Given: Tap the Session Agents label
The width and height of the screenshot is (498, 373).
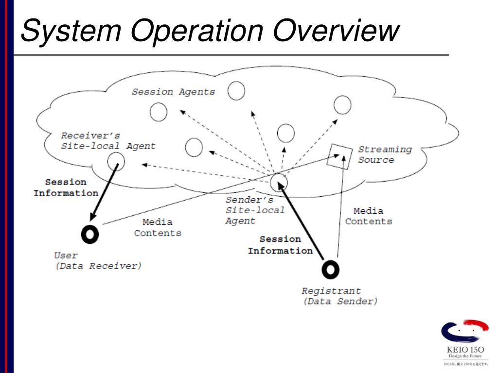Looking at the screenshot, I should pyautogui.click(x=173, y=92).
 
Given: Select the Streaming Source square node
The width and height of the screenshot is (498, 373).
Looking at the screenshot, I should pyautogui.click(x=339, y=156).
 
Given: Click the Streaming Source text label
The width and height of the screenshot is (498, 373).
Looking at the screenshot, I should pyautogui.click(x=385, y=154).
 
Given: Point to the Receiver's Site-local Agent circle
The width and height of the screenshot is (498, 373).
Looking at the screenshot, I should pyautogui.click(x=116, y=161).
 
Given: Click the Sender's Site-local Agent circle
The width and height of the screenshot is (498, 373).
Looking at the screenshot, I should pyautogui.click(x=279, y=182).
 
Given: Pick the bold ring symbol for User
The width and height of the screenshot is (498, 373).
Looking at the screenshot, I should pyautogui.click(x=90, y=234).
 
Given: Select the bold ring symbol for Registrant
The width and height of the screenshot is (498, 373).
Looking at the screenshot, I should pyautogui.click(x=330, y=269).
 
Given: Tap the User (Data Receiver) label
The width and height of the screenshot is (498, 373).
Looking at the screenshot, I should pyautogui.click(x=97, y=261).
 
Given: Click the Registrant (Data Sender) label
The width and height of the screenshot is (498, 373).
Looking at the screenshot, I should pyautogui.click(x=339, y=296).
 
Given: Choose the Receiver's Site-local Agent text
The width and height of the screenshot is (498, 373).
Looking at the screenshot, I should pyautogui.click(x=108, y=140).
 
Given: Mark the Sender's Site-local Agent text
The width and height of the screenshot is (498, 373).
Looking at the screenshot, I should pyautogui.click(x=254, y=210).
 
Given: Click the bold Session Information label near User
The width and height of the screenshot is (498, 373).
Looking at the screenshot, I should pyautogui.click(x=66, y=187).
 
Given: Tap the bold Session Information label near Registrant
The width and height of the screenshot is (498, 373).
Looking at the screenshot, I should pyautogui.click(x=280, y=245).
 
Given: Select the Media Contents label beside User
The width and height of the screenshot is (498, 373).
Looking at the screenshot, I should pyautogui.click(x=158, y=227).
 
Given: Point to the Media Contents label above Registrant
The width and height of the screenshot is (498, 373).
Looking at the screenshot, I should pyautogui.click(x=368, y=216).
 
